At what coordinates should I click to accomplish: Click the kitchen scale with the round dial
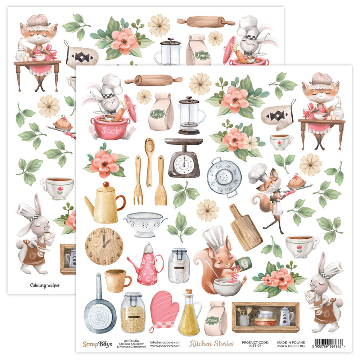184,158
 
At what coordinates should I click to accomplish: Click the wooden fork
138,180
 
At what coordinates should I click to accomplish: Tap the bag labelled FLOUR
215,319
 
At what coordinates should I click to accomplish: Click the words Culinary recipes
45,285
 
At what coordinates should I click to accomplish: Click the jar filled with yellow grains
133,312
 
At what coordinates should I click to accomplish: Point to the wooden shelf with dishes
265,317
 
